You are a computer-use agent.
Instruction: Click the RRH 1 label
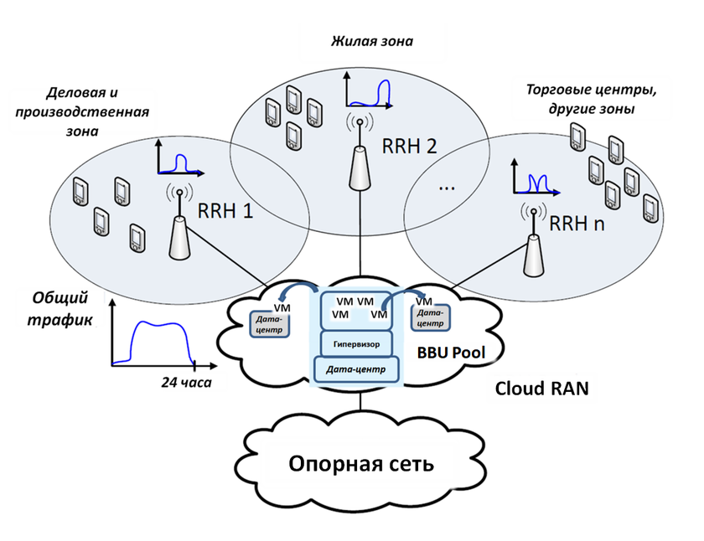tap(225, 212)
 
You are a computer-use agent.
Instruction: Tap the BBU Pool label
tap(451, 353)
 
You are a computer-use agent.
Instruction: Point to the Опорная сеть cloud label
tap(361, 463)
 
